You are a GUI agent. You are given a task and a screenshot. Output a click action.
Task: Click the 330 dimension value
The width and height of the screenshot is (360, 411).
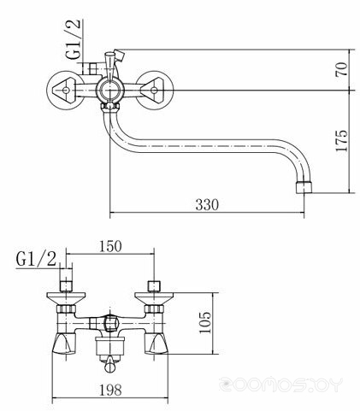(207, 204)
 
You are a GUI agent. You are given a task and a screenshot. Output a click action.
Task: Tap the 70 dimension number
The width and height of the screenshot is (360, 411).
(342, 69)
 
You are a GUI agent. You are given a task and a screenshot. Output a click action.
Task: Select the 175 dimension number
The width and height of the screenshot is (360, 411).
(342, 141)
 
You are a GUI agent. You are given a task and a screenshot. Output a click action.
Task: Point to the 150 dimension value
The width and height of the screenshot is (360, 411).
(110, 246)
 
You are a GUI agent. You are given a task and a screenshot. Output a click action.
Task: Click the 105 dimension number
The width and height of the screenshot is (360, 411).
(204, 322)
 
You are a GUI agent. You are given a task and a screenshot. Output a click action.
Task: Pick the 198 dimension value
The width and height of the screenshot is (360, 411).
(110, 390)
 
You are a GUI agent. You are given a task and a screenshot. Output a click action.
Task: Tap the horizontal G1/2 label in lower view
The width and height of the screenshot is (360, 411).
(36, 259)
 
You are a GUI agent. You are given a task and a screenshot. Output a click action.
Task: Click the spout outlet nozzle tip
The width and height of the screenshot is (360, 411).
(304, 187)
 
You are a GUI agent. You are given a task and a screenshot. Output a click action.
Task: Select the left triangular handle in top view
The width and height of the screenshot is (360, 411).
(64, 91)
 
